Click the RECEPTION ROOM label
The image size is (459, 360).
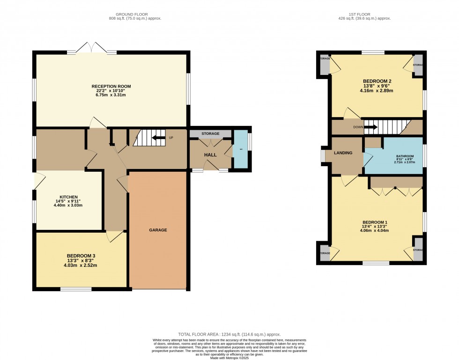pyautogui.click(x=111, y=87)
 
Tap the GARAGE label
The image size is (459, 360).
pyautogui.click(x=158, y=230)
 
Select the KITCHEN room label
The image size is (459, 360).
pyautogui.click(x=68, y=197)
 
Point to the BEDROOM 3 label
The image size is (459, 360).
pyautogui.click(x=81, y=256)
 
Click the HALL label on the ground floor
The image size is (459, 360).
pyautogui.click(x=210, y=154)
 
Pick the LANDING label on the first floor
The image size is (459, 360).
pyautogui.click(x=343, y=153)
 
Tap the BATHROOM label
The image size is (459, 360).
pyautogui.click(x=392, y=156)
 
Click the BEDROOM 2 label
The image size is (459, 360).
pyautogui.click(x=377, y=81)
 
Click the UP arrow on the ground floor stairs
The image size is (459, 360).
pyautogui.click(x=159, y=138)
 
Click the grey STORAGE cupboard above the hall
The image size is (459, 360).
pyautogui.click(x=210, y=134)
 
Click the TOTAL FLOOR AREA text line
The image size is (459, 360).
pyautogui.click(x=229, y=334)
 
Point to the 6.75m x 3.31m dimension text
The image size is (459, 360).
pyautogui.click(x=111, y=95)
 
